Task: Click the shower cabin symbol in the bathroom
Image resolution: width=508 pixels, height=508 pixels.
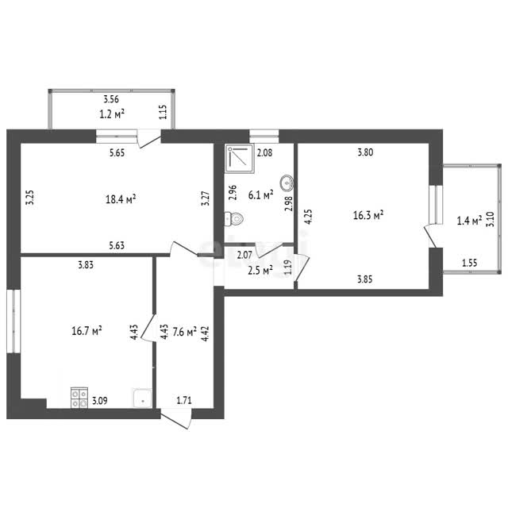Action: pyautogui.click(x=240, y=159)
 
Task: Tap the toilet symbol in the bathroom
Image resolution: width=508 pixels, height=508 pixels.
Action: pyautogui.click(x=234, y=219)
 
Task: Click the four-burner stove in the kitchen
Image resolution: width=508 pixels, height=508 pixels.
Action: pyautogui.click(x=79, y=398)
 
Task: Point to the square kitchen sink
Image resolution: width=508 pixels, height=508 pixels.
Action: pyautogui.click(x=142, y=398)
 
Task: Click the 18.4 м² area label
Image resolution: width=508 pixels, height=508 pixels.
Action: pyautogui.click(x=121, y=199)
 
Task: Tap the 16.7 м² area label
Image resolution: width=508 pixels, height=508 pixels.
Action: pyautogui.click(x=87, y=331)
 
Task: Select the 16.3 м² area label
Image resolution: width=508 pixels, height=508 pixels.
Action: pyautogui.click(x=368, y=215)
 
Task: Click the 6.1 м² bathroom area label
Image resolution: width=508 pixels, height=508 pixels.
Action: pyautogui.click(x=261, y=194)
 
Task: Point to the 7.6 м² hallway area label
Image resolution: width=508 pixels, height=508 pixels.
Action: pyautogui.click(x=185, y=332)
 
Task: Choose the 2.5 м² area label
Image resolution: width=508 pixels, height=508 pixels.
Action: pyautogui.click(x=260, y=270)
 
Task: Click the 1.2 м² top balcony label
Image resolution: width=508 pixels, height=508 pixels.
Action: pyautogui.click(x=112, y=114)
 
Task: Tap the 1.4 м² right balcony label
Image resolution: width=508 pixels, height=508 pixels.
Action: pyautogui.click(x=469, y=221)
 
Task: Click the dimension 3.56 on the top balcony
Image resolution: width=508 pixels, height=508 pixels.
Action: pyautogui.click(x=111, y=99)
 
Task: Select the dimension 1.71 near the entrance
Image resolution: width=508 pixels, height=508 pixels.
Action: pyautogui.click(x=184, y=401)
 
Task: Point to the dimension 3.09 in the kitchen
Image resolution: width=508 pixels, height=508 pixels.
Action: pyautogui.click(x=100, y=401)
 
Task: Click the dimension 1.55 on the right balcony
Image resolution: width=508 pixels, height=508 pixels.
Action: pyautogui.click(x=469, y=263)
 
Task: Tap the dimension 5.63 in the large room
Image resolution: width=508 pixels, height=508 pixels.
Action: pyautogui.click(x=117, y=245)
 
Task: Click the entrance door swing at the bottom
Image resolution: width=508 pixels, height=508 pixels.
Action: pyautogui.click(x=176, y=419)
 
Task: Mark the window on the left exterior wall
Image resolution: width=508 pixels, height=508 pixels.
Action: pyautogui.click(x=13, y=321)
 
